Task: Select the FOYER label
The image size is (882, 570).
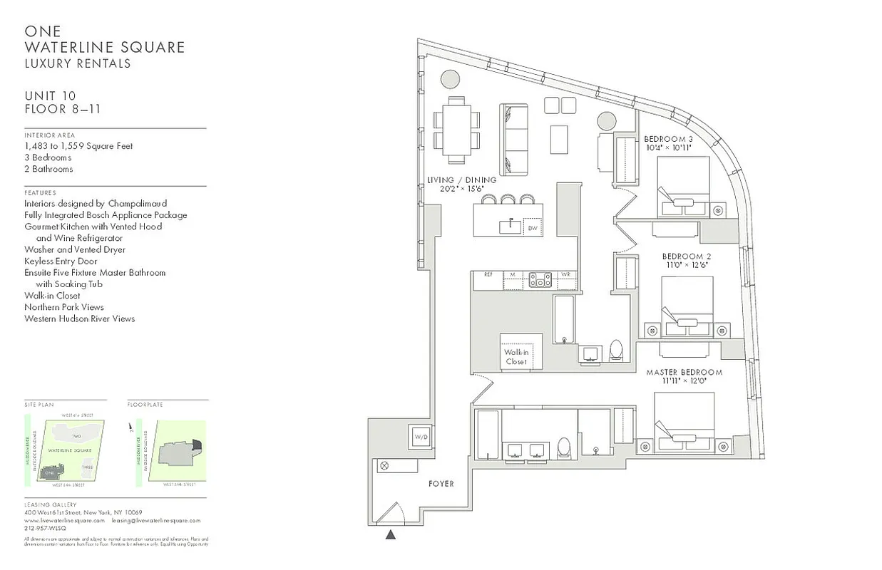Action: click(441, 484)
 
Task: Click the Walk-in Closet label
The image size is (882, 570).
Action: click(516, 357)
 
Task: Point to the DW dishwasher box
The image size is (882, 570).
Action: click(532, 228)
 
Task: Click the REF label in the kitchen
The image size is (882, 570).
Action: click(488, 274)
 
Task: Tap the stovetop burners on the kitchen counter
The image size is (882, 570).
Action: click(540, 280)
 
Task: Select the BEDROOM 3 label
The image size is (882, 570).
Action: click(668, 139)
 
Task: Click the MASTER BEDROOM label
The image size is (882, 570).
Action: click(684, 373)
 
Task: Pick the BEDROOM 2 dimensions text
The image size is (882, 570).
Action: click(686, 264)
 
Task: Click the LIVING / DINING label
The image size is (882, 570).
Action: click(461, 180)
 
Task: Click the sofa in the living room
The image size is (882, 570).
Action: click(513, 139)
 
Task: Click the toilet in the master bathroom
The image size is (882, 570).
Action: click(564, 447)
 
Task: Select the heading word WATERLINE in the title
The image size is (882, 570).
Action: click(65, 47)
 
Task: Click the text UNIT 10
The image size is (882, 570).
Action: click(50, 96)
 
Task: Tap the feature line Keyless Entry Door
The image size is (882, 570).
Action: click(61, 261)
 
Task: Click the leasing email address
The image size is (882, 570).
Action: click(156, 521)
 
